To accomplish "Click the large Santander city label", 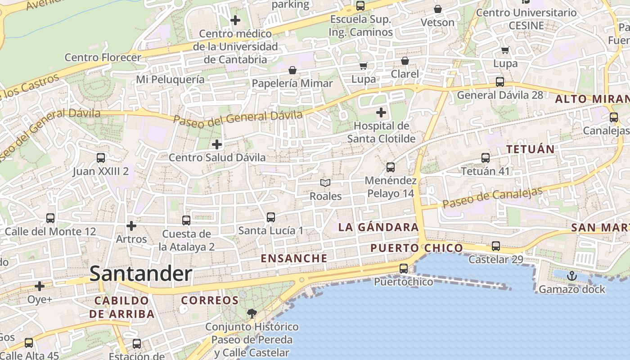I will pos(141,274).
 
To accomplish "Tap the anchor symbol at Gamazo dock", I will pos(572,276).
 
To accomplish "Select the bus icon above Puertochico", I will pos(404,269).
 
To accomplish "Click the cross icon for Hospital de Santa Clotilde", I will pos(381,112).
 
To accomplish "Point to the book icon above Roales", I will pos(325,183).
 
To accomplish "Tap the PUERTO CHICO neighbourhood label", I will pos(416,248).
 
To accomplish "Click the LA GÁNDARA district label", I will pos(378,227).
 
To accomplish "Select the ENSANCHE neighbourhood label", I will pos(294,258).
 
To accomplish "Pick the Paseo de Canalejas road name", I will pos(493,198).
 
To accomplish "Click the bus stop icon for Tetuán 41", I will pos(486,158).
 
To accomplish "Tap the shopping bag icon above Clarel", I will pos(405,61).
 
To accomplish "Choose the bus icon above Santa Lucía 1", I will pos(271,217).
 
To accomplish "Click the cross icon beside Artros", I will pos(131,225).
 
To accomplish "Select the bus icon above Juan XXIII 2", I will pos(101,158).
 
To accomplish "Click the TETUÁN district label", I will pos(531,149).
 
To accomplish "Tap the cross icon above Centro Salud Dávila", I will pos(217,144).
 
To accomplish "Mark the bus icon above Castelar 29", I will pos(496,246).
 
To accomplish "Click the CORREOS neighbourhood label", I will pos(210,300).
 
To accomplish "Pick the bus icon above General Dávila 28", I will pos(500,82).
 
